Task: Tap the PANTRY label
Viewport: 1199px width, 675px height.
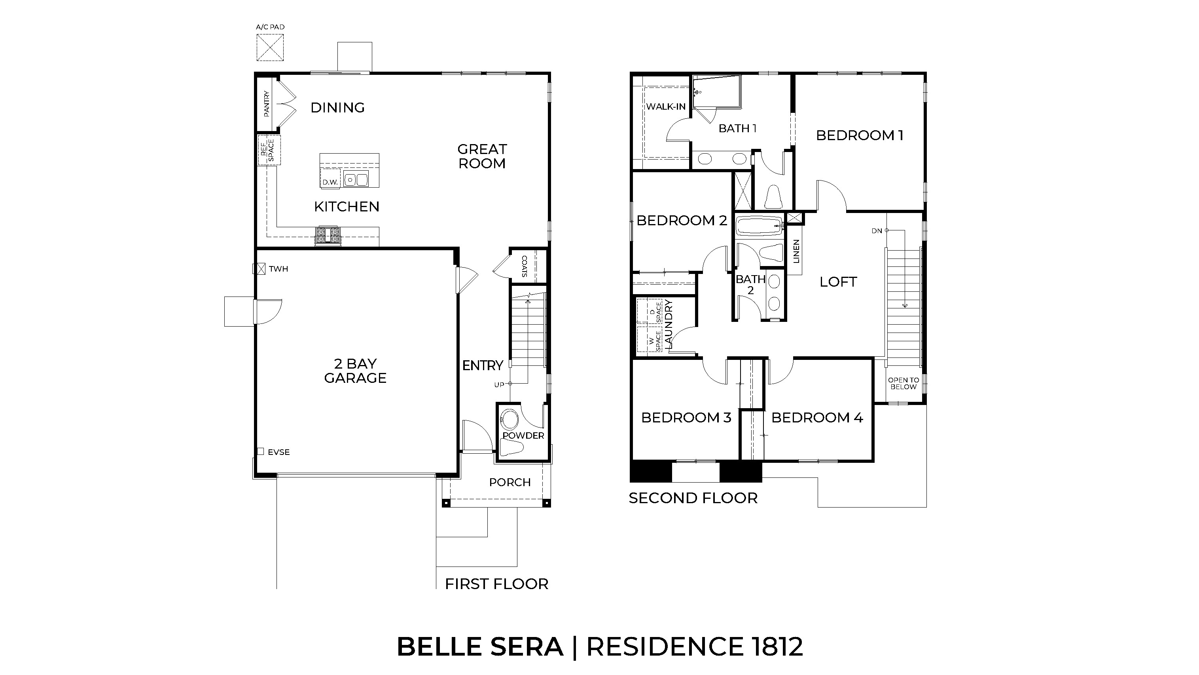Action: click(x=267, y=103)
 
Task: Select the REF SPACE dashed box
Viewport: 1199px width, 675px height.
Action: click(x=269, y=150)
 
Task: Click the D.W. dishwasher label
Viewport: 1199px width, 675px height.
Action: click(x=330, y=182)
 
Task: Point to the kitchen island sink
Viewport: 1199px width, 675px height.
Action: click(x=356, y=179)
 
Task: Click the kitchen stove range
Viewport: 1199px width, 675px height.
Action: click(x=328, y=236)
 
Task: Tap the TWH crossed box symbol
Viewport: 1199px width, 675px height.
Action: click(x=259, y=269)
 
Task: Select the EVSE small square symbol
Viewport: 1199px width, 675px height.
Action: click(x=261, y=451)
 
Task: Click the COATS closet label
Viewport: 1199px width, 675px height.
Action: click(x=525, y=266)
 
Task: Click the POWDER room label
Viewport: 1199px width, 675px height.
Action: click(x=523, y=435)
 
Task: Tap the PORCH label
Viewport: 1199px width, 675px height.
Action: click(x=510, y=482)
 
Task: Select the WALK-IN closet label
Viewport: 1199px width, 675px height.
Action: click(x=666, y=106)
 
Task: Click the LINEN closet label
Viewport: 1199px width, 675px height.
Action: click(x=796, y=251)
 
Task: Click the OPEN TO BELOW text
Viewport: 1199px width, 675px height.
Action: click(x=904, y=383)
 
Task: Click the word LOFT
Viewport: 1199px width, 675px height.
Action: click(x=838, y=282)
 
